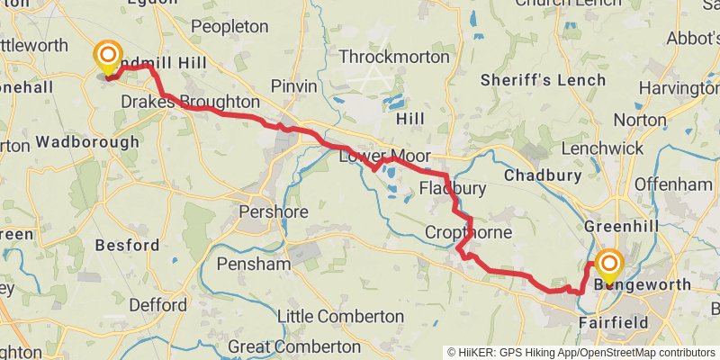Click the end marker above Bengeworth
[609, 264]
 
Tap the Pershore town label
[274, 213]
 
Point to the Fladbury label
[453, 189]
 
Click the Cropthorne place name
[468, 233]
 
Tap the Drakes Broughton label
[190, 102]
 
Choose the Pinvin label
[294, 86]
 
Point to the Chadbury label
[539, 174]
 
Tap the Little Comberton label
[340, 317]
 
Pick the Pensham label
[253, 265]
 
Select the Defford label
[157, 305]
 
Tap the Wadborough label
[88, 142]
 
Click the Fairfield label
[614, 322]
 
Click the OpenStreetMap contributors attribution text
[645, 352]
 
